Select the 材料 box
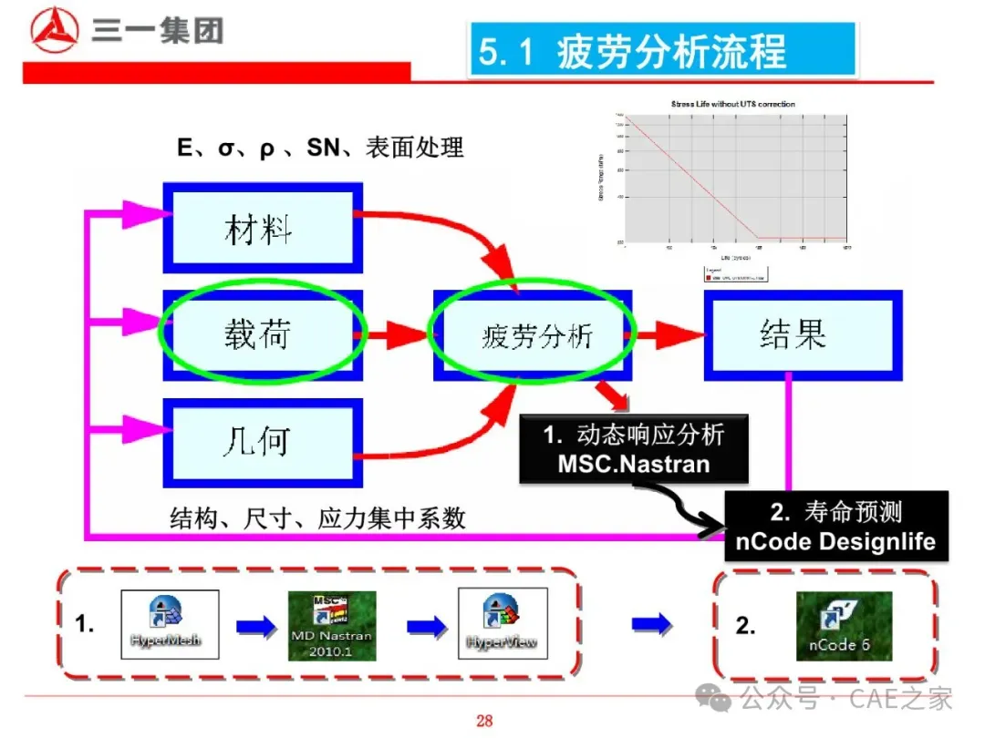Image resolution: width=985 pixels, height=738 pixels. point(263,228)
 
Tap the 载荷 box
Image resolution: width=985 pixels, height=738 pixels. point(263,334)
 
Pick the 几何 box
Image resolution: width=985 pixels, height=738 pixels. point(261,442)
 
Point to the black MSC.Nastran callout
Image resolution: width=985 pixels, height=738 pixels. point(633,449)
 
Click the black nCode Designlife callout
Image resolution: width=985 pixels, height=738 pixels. point(835,527)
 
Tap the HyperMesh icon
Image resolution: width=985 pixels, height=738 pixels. point(171,624)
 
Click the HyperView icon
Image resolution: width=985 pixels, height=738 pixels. point(503,624)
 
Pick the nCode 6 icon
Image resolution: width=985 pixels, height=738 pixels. point(844,626)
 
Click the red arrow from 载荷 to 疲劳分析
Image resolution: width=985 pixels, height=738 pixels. point(395,335)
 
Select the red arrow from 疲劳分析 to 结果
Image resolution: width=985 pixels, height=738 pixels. point(665,335)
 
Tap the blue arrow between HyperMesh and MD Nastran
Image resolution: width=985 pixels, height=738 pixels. point(254,627)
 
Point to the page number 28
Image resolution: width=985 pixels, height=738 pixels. point(484,721)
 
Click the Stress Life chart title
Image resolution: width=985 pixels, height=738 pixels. point(732,104)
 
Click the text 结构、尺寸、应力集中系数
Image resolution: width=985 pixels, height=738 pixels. point(317,519)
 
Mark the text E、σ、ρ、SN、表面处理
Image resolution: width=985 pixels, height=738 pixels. point(320,147)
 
